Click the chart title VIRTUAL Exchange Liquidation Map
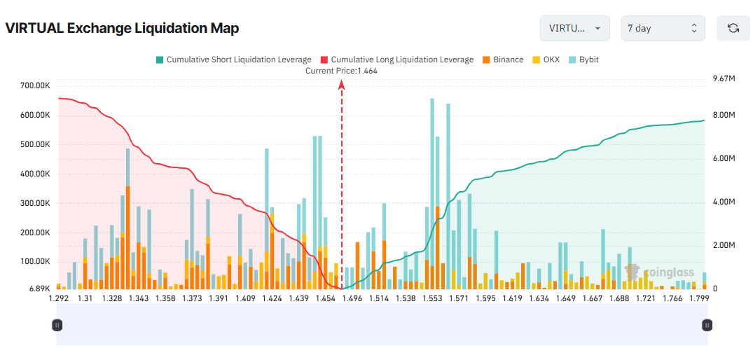click(122, 29)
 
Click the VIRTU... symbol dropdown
click(574, 28)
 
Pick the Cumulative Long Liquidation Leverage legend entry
click(396, 60)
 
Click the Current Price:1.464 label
click(342, 71)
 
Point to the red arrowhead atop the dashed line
click(342, 84)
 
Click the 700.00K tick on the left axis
click(34, 85)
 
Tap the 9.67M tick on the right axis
click(722, 79)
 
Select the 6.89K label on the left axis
click(39, 289)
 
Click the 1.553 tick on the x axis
click(432, 298)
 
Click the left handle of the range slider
click(57, 325)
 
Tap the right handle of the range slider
click(707, 325)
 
